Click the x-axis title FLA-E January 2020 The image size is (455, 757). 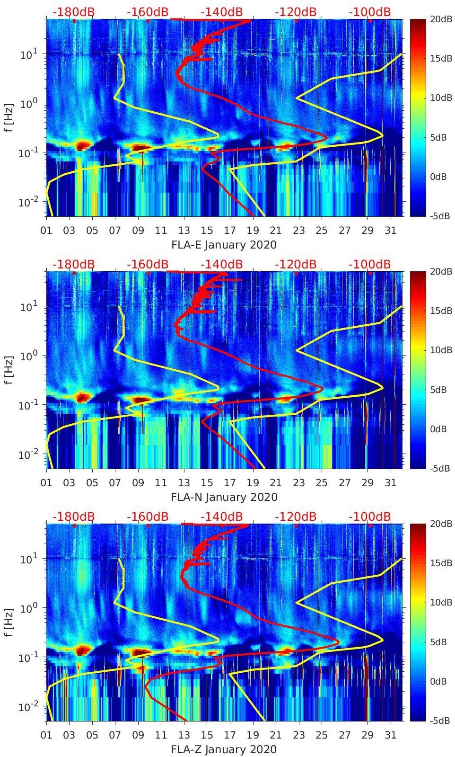click(x=224, y=245)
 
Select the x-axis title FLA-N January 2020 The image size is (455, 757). click(x=224, y=497)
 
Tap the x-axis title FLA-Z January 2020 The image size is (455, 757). click(x=224, y=749)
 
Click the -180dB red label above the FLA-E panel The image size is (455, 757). click(x=73, y=12)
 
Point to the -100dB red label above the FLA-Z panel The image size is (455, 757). click(x=370, y=517)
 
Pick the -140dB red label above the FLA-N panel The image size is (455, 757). click(x=222, y=264)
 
